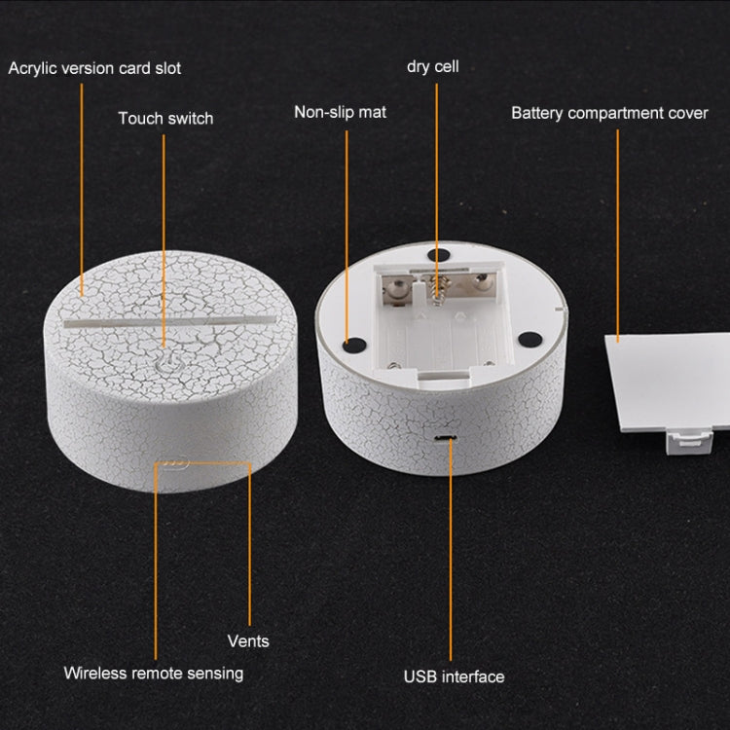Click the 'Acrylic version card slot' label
coord(94,68)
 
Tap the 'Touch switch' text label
coord(165,118)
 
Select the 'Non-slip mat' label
coord(341,112)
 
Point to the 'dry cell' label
coord(433,66)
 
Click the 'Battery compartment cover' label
coord(610,113)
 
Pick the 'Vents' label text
coord(248,641)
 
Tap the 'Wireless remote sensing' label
coord(154,674)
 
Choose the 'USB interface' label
coord(454,676)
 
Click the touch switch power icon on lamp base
coord(165,364)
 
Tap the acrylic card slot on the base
coord(169,322)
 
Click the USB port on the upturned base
coord(446,438)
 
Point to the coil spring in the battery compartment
coord(436,289)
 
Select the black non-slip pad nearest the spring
coord(439,255)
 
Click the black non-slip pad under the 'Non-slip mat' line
coord(354,345)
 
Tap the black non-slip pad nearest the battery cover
coord(529,340)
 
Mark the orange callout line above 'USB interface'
coord(451,548)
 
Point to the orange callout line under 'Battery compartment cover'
coord(618,236)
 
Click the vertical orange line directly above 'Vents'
coord(249,544)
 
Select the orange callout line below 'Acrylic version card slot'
coord(82,190)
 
